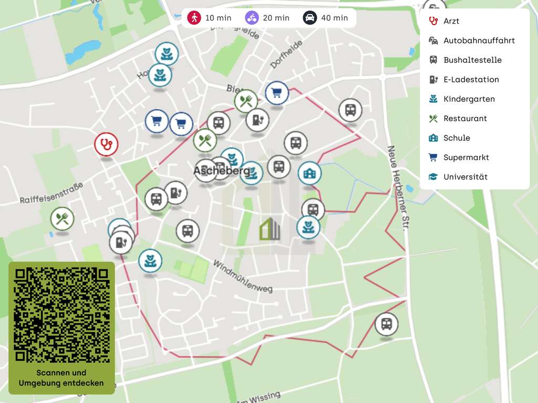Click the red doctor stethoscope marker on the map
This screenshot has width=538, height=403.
[106, 144]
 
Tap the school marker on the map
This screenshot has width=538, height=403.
[309, 173]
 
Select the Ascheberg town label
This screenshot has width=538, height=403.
[221, 171]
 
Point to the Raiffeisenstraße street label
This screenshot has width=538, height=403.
[51, 193]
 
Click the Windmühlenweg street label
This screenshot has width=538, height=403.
[243, 276]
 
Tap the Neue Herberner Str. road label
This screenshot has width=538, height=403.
[398, 188]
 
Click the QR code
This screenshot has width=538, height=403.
[61, 315]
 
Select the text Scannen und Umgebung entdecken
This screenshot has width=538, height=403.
[61, 378]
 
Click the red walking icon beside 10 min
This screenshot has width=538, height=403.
[194, 18]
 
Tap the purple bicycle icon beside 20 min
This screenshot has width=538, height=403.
[252, 18]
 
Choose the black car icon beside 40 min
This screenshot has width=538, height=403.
[310, 18]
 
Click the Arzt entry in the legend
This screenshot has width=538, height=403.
[451, 21]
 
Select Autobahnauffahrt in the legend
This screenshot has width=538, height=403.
[479, 40]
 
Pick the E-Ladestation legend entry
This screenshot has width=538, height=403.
[471, 79]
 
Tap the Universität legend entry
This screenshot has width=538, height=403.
[465, 177]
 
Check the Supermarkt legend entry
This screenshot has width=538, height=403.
[465, 157]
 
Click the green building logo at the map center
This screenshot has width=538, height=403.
[270, 229]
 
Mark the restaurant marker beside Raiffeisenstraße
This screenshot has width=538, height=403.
[62, 218]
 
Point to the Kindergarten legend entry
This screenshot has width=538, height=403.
[469, 99]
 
